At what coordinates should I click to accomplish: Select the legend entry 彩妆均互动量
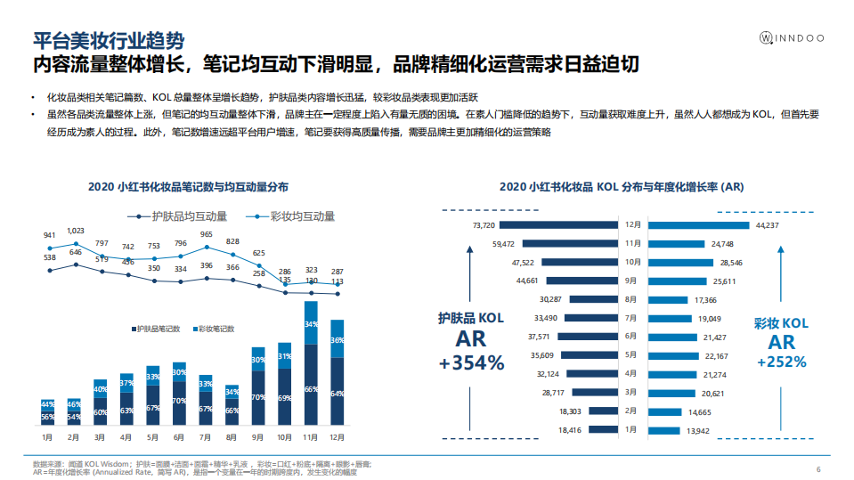pyautogui.click(x=294, y=216)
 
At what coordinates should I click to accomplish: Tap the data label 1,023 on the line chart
pyautogui.click(x=76, y=231)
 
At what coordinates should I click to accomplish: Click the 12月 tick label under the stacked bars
pyautogui.click(x=338, y=437)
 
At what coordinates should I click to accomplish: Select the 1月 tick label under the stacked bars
pyautogui.click(x=48, y=437)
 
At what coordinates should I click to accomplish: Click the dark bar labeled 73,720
pyautogui.click(x=570, y=225)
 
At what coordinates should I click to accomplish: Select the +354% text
pyautogui.click(x=471, y=363)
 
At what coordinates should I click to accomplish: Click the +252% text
pyautogui.click(x=781, y=362)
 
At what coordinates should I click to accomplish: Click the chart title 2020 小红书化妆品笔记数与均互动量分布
pyautogui.click(x=188, y=187)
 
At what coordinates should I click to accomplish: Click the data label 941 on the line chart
pyautogui.click(x=50, y=236)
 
